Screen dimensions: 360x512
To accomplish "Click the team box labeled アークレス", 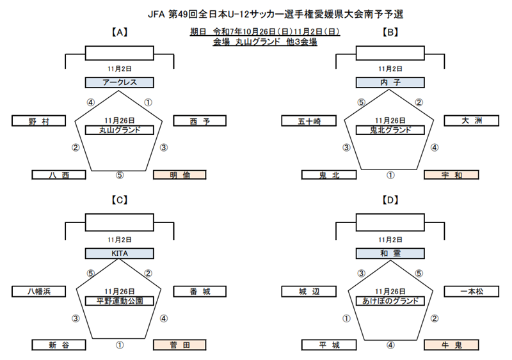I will tap(120, 82).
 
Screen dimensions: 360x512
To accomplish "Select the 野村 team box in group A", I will tap(38, 121).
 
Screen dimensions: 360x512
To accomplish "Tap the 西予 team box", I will tap(200, 121).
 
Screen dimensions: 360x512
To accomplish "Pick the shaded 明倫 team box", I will tap(180, 175).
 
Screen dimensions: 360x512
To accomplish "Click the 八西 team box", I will tap(59, 175).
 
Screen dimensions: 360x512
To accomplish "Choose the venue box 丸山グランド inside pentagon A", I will tap(120, 130).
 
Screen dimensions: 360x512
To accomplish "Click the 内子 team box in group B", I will tap(390, 82).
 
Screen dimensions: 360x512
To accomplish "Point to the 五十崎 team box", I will tap(309, 121).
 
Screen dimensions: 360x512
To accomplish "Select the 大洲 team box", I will tap(470, 121).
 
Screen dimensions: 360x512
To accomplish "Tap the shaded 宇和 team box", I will tap(451, 175).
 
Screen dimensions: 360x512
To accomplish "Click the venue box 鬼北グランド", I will tap(390, 130).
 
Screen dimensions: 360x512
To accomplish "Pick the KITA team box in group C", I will tap(120, 253).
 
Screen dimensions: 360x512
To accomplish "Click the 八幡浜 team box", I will tap(38, 292).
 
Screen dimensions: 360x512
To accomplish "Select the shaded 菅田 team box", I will tap(180, 345).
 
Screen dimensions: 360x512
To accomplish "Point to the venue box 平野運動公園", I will tap(120, 301).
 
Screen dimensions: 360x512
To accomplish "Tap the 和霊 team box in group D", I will tap(390, 253).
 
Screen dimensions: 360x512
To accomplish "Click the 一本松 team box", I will tap(470, 292).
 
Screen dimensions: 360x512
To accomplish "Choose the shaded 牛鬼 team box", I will tap(451, 345).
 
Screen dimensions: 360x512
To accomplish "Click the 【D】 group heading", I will tap(390, 200).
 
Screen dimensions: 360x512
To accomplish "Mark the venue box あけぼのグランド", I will tap(390, 301).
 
